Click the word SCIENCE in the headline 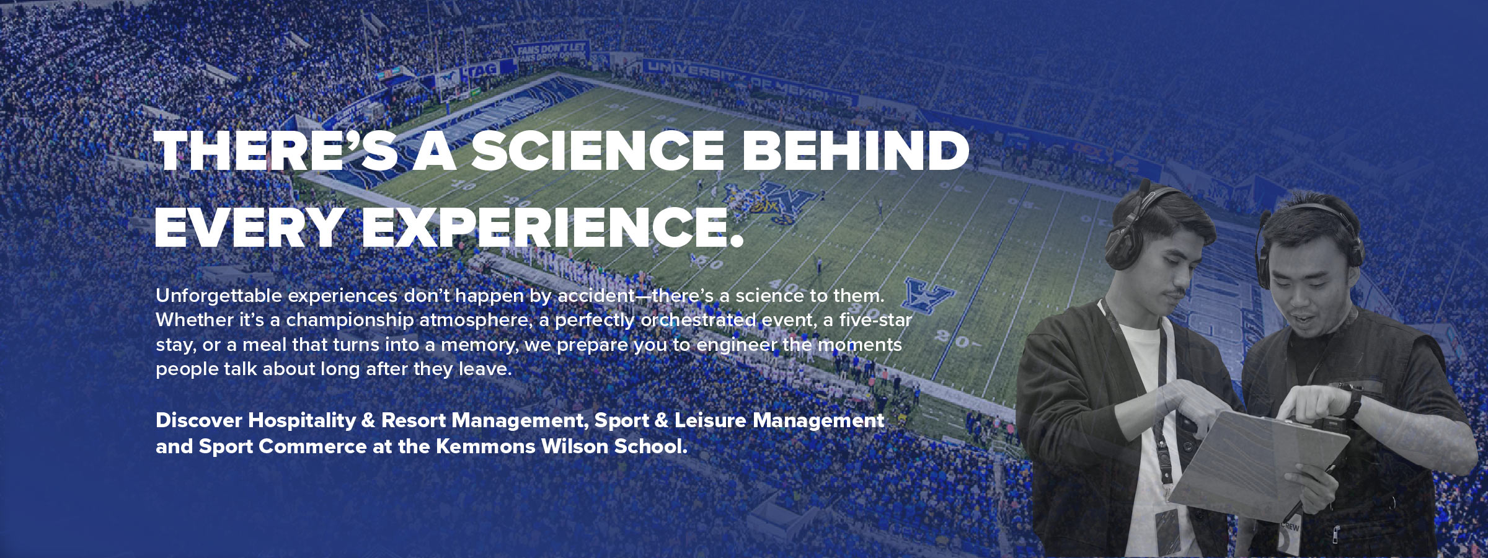(x=598, y=151)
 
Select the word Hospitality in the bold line (x=302, y=421)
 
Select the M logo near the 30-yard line (x=928, y=294)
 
